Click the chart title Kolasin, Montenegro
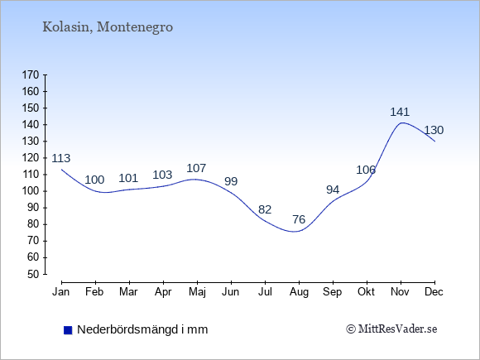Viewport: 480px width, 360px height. (108, 27)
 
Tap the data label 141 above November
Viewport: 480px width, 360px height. (400, 112)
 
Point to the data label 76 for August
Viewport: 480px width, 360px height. (299, 219)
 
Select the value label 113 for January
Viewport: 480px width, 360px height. (61, 158)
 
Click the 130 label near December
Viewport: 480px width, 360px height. (434, 130)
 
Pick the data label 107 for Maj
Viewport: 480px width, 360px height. (196, 168)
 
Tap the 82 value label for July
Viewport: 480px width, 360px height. (265, 209)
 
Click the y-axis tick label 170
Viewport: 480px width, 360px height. (31, 75)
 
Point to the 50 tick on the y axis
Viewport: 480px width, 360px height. (34, 274)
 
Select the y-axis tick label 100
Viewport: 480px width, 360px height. (31, 191)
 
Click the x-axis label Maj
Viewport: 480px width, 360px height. (197, 292)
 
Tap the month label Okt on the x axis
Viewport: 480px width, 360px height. (366, 292)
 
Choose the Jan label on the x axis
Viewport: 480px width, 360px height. (61, 292)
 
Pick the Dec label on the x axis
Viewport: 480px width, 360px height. (434, 292)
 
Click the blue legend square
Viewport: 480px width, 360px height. (68, 330)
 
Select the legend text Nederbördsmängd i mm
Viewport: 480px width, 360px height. (142, 329)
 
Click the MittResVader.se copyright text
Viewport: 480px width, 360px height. (391, 329)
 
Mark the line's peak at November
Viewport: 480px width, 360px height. (401, 122)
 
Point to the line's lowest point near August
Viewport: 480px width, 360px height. (294, 232)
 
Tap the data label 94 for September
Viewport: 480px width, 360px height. (333, 190)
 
